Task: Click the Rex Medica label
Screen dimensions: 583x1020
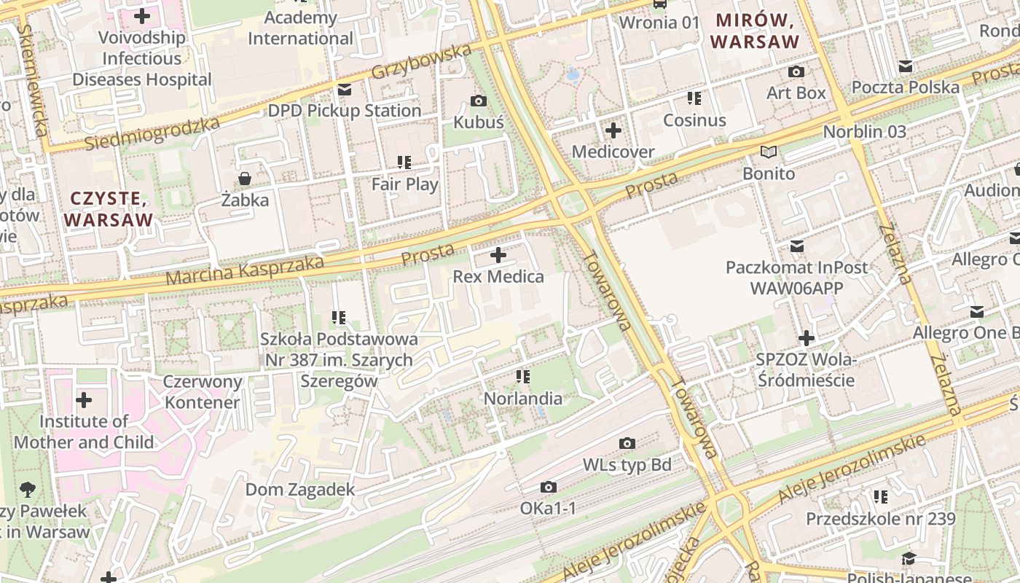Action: coord(498,277)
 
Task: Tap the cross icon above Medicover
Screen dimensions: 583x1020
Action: coord(613,131)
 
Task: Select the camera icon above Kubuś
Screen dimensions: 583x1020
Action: coord(479,101)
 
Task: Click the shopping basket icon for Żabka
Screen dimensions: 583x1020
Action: coord(245,179)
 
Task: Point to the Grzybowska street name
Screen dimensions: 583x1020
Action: coord(422,63)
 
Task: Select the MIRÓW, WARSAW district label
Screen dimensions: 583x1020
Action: coord(755,31)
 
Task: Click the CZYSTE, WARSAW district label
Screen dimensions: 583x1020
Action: coord(109,209)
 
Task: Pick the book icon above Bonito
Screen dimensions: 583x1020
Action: coord(769,152)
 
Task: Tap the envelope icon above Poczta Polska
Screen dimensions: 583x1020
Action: coord(906,67)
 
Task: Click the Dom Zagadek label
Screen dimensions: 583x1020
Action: coord(299,490)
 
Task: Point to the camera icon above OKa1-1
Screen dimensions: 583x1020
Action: coord(549,487)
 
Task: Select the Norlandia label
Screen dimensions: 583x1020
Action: coord(523,399)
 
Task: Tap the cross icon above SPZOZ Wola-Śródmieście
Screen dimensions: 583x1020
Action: coord(806,338)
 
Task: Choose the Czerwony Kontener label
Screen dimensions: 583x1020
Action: coord(203,392)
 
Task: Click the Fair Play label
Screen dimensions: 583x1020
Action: coord(405,184)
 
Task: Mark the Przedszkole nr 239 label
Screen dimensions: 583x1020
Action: coord(880,519)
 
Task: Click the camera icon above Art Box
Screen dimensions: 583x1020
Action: coord(796,72)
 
